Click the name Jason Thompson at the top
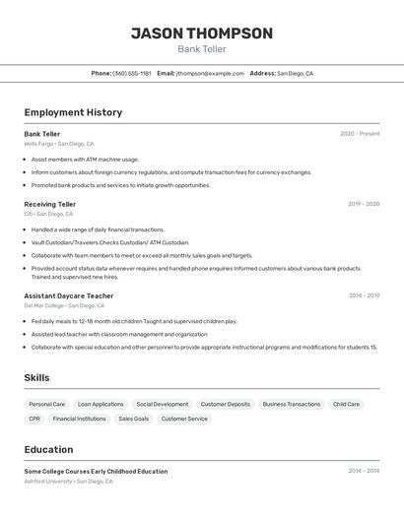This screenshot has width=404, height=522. pos(201,33)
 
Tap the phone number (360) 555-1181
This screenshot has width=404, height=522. pos(132,73)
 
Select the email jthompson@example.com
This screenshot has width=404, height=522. pos(210,73)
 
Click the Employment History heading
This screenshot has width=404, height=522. pos(73,112)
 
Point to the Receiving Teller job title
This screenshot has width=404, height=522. pos(49,204)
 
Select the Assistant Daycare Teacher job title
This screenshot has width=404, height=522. pos(68,295)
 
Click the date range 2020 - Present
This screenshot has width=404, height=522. pos(360,134)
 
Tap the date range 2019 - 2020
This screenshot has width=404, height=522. pos(364,204)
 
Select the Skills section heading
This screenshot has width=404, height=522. pos(36,377)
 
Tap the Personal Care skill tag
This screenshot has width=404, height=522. pos(47,404)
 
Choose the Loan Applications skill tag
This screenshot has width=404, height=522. pos(101,404)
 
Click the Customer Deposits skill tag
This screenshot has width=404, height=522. pos(226,404)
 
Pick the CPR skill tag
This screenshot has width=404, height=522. pos(34,419)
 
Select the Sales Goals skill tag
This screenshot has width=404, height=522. pos(134,419)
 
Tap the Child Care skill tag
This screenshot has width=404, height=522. pos(346,404)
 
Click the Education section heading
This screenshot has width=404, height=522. pos(48,449)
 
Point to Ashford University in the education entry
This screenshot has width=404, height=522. pos(48,482)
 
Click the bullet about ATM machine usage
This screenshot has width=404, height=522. pos(85,159)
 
